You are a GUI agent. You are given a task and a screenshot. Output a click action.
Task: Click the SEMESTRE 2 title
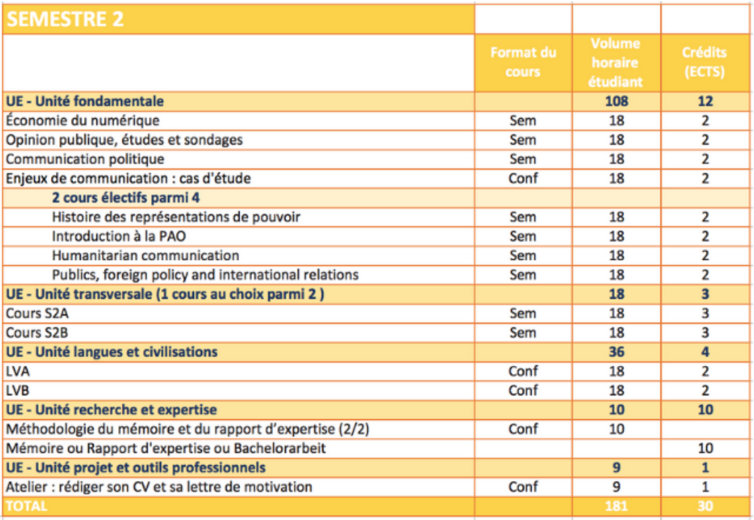65,19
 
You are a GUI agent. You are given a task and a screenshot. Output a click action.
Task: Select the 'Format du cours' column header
523,62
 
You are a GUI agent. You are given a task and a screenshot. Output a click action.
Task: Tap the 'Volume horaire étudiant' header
616,63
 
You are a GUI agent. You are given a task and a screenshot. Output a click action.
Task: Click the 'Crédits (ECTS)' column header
705,62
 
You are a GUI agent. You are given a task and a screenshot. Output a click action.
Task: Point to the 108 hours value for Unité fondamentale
616,102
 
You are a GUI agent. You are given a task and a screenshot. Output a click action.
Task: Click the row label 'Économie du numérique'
82,120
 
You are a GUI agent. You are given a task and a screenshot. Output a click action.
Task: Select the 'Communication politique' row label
85,159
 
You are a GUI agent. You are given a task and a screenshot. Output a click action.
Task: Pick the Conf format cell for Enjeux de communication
523,178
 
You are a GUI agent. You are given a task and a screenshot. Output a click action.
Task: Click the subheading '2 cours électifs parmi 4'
126,197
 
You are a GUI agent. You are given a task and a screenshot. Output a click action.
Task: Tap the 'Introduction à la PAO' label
119,236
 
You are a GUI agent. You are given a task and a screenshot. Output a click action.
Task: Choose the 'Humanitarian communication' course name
145,256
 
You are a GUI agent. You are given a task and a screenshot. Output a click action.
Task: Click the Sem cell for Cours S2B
523,332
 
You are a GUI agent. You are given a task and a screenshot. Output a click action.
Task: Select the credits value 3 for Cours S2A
705,314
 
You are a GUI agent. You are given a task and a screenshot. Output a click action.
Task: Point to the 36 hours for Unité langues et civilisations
616,352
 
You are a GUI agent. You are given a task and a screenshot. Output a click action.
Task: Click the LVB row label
17,390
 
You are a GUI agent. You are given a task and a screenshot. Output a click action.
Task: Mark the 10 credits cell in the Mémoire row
705,448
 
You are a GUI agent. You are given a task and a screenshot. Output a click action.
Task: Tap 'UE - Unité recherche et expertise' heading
111,409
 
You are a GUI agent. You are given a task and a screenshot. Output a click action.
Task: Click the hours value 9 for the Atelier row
616,487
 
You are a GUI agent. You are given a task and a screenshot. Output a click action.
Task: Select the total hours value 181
616,506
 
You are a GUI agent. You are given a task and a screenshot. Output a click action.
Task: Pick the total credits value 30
705,506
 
